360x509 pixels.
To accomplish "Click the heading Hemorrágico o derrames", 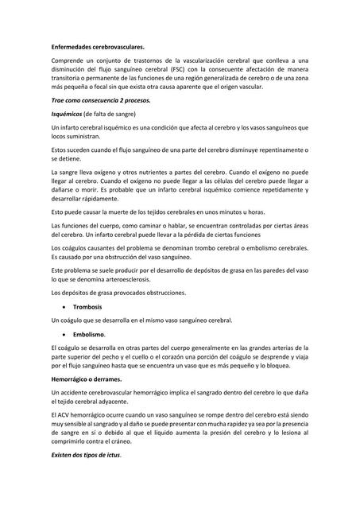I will (x=93, y=380).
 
